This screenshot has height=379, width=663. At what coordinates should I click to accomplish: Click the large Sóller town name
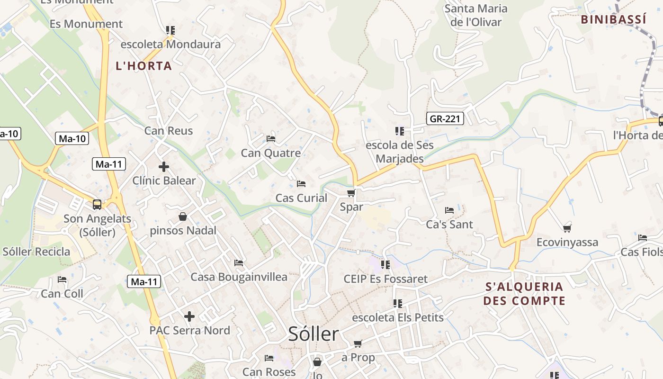[314, 334]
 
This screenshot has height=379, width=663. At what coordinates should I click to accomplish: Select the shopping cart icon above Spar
[351, 193]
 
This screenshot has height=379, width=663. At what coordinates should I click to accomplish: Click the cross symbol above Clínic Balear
[164, 167]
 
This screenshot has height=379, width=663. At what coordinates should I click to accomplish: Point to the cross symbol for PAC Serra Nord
[189, 316]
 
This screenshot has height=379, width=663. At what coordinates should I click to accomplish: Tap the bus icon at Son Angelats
[97, 205]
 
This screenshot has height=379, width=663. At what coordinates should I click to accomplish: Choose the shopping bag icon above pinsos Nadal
[183, 217]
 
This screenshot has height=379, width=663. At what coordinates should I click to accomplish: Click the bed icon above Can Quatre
[271, 139]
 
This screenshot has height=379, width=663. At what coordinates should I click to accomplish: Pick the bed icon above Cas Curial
[301, 184]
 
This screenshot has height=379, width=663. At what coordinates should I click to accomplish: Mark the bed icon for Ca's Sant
[449, 210]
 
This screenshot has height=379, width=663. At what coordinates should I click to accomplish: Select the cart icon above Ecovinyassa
[567, 228]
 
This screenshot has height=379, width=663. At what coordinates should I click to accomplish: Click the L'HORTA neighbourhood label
[143, 66]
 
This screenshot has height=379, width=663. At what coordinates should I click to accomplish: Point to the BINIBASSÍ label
[613, 19]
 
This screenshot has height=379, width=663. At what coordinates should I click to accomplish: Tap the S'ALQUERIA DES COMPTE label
[524, 294]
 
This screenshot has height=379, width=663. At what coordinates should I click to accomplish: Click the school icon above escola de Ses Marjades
[399, 131]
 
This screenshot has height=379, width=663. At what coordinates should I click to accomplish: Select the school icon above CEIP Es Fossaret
[385, 265]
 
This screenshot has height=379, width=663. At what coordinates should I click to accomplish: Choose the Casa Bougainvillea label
[239, 277]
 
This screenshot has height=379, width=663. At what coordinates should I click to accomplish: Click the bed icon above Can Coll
[62, 280]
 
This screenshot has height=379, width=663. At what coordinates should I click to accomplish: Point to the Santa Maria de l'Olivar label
[476, 15]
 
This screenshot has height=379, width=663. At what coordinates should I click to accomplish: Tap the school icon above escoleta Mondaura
[170, 30]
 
